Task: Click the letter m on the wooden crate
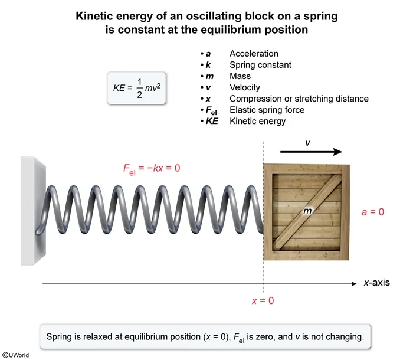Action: (x=307, y=211)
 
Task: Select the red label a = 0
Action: (x=372, y=211)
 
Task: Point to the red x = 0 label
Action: (x=263, y=300)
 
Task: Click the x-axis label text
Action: (x=376, y=283)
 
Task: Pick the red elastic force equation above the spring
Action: (x=152, y=168)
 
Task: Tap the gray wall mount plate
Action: (x=32, y=210)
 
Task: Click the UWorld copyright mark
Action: (x=15, y=355)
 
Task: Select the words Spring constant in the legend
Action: (x=260, y=65)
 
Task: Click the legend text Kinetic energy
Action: (x=257, y=121)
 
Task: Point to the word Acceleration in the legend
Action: (x=254, y=54)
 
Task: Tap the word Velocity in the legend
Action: (x=245, y=87)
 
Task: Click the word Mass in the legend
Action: (x=240, y=76)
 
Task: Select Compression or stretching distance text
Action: (x=299, y=99)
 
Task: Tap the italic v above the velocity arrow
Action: (x=307, y=142)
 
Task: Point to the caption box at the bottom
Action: (x=205, y=338)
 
